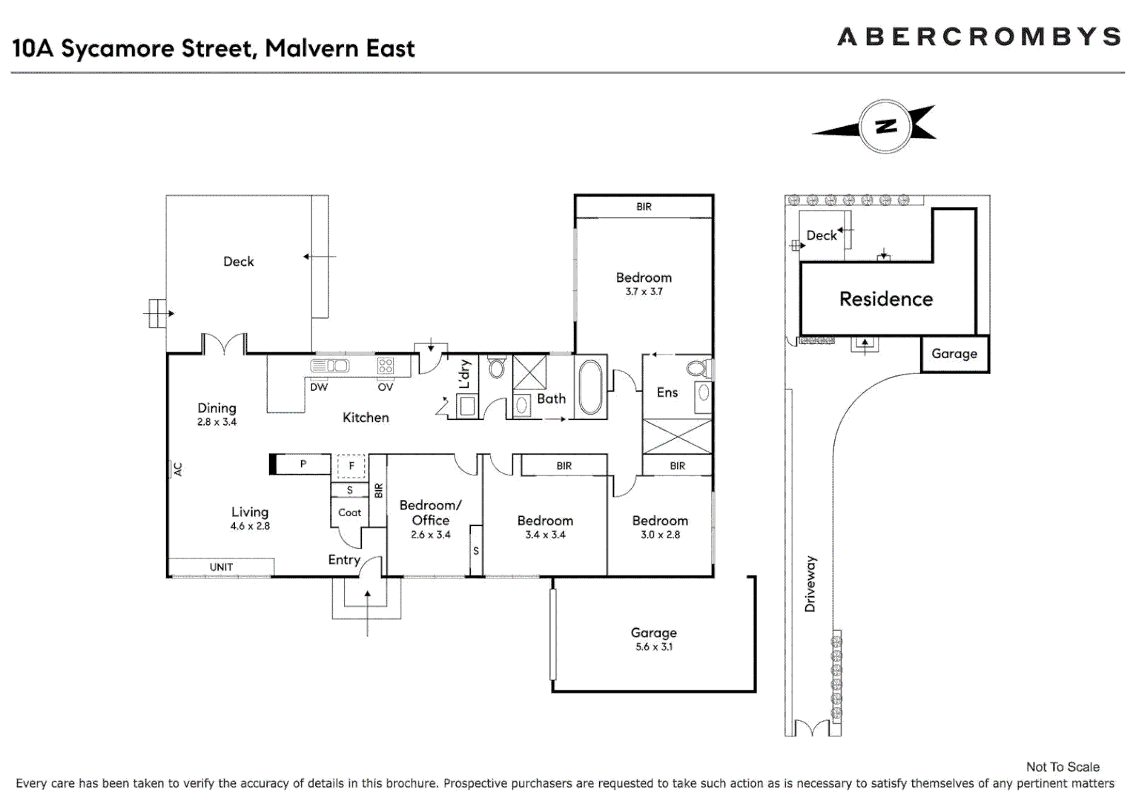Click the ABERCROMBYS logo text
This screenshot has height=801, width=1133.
[979, 37]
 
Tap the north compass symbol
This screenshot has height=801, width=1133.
[884, 127]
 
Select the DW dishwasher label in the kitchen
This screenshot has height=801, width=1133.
[319, 387]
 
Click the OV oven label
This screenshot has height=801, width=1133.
[386, 387]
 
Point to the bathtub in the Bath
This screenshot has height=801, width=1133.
[590, 387]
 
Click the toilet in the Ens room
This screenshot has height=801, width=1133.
[697, 368]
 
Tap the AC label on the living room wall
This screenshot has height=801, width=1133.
[178, 469]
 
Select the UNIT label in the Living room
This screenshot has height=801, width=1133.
[221, 567]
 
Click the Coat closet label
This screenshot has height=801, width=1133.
[349, 512]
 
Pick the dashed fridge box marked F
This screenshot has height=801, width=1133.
[351, 466]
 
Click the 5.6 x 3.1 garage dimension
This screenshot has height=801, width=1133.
[654, 647]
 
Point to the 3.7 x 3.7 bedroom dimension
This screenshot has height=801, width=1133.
[644, 291]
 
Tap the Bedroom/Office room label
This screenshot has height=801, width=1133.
[430, 512]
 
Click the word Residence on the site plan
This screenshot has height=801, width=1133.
[886, 299]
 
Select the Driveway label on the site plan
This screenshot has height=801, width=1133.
[810, 584]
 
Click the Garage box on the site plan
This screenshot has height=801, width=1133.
[954, 354]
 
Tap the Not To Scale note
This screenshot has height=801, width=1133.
[1063, 767]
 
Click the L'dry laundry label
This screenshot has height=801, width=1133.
[465, 374]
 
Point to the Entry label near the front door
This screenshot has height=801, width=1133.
[344, 560]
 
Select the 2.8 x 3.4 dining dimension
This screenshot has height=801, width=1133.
[217, 422]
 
